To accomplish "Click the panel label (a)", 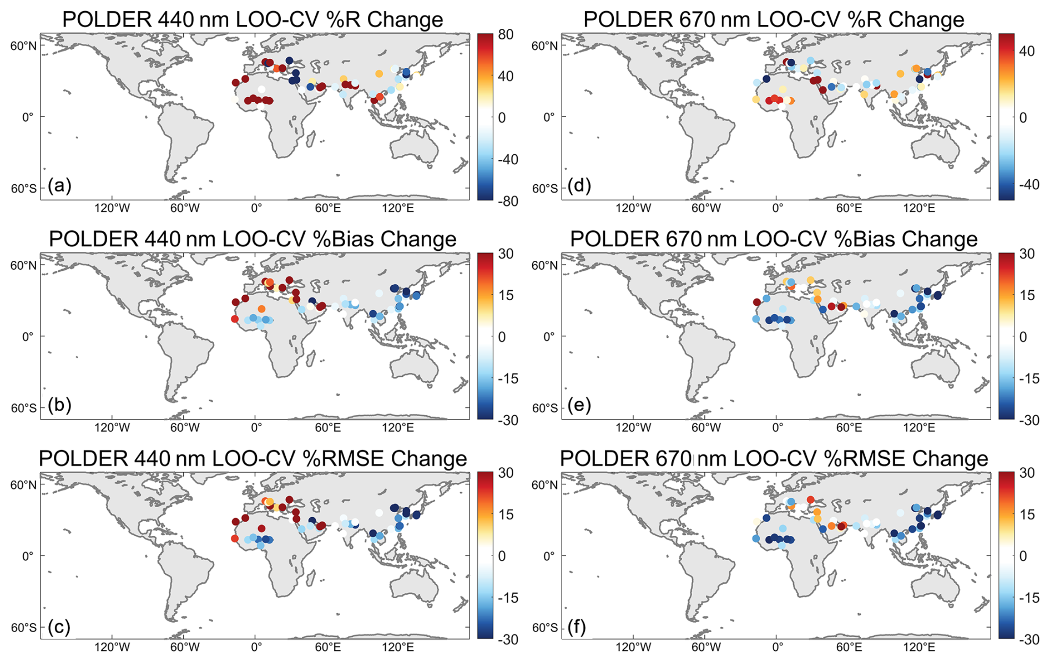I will coord(59,185).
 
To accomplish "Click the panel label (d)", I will coord(579,185).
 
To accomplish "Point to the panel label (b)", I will coord(59,405).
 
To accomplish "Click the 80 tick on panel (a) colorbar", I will coord(506,34).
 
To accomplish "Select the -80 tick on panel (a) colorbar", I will coord(504,201).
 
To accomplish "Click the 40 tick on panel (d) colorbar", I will coord(1027,51).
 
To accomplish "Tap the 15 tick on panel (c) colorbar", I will coord(506,514).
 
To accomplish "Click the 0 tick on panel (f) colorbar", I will coord(1023,556).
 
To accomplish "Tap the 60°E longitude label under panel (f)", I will coord(849,648).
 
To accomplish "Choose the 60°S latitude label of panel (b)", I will coord(24,408).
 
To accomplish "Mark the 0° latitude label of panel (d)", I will coord(549,117).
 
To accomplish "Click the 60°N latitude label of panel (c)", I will coord(24,485).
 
